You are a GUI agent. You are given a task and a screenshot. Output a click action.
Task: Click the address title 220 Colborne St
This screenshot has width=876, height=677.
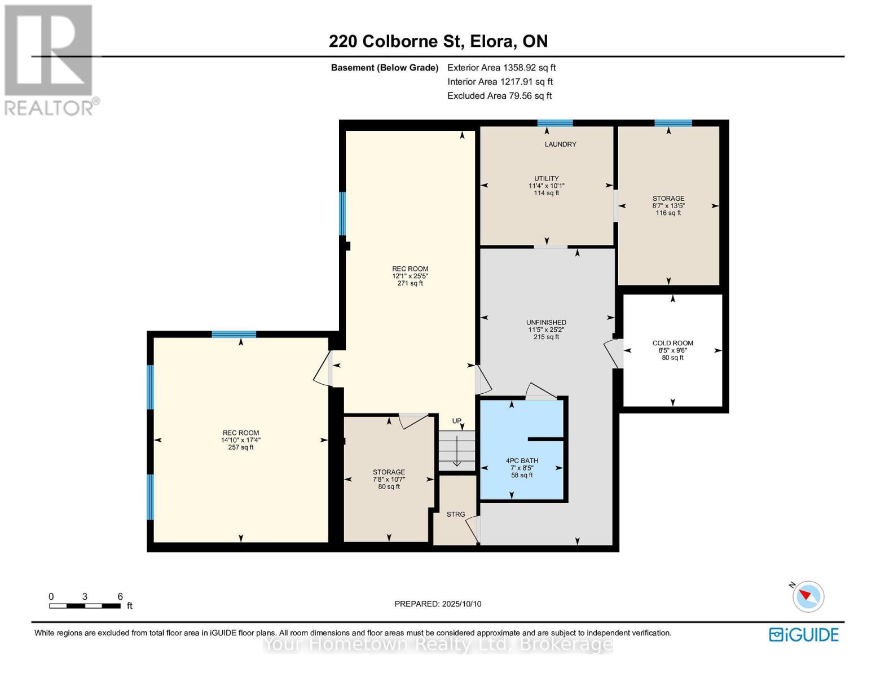point(438,41)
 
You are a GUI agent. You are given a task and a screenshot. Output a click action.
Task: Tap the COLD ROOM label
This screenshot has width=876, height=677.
point(672,343)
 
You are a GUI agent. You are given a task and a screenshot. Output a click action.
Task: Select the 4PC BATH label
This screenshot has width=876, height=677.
point(522,460)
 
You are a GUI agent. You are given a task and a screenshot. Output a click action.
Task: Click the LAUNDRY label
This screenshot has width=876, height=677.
point(560,144)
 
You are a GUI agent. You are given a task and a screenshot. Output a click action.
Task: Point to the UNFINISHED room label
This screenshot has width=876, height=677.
point(546,323)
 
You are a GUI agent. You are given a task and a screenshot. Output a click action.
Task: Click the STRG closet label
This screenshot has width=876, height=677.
point(456,515)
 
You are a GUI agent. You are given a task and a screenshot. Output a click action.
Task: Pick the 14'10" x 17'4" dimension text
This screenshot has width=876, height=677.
point(241,440)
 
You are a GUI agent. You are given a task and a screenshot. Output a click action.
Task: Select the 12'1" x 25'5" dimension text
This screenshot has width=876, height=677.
point(410,276)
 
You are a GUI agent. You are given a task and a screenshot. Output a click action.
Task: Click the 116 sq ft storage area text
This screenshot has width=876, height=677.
point(668,213)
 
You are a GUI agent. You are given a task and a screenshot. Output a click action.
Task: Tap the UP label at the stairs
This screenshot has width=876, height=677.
point(457,421)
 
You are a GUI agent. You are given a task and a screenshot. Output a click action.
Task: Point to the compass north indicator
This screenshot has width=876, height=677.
point(808,596)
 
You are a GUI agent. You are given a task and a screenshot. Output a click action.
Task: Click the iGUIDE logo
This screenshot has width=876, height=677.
point(804,635)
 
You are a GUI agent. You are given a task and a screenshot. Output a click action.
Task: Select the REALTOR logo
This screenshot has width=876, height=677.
point(50,59)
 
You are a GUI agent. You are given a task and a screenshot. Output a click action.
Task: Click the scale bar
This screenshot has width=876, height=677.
point(85,606)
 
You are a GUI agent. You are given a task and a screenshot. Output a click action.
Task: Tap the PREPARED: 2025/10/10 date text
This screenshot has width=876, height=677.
point(438,604)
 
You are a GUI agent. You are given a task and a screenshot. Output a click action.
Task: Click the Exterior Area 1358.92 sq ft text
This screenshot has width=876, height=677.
point(501,68)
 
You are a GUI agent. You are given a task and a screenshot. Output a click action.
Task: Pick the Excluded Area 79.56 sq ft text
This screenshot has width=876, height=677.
point(499,96)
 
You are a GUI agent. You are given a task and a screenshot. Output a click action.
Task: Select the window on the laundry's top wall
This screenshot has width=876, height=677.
point(555,123)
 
